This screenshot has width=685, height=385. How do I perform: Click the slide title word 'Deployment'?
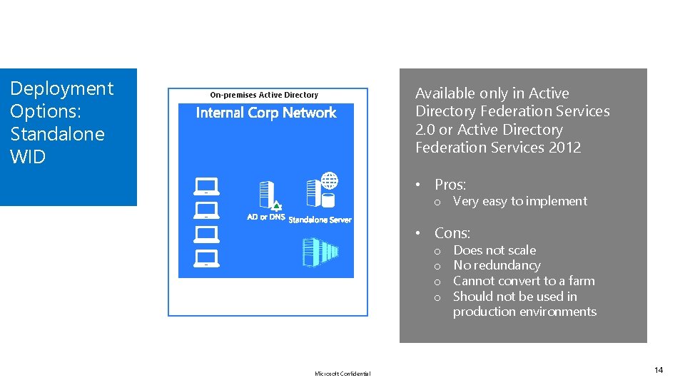(x=61, y=88)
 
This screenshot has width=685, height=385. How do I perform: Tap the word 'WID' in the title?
(x=28, y=157)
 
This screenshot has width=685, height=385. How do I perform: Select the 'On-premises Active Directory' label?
(x=264, y=95)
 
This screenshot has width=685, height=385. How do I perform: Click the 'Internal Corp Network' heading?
(x=265, y=113)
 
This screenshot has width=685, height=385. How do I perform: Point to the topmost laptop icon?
(x=206, y=187)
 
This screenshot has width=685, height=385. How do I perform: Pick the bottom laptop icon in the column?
(x=206, y=257)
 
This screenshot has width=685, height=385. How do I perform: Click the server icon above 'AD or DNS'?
(x=267, y=195)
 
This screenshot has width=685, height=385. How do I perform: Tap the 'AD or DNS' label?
(x=265, y=217)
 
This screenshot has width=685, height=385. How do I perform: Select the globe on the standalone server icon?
(x=329, y=180)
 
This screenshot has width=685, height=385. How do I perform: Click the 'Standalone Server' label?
(x=320, y=220)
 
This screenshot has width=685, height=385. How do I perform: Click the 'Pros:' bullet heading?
(x=450, y=185)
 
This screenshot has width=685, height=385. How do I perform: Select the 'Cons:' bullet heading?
(x=452, y=233)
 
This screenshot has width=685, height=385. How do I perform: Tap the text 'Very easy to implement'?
(x=520, y=202)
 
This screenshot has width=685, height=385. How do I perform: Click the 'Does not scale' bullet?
(x=494, y=250)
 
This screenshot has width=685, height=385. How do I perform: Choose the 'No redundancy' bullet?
(x=497, y=265)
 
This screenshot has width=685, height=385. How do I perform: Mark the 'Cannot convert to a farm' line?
(x=524, y=281)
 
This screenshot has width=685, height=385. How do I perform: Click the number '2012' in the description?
(x=564, y=148)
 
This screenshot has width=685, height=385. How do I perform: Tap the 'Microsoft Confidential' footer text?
(x=342, y=374)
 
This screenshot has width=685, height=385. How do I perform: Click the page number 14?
(x=659, y=370)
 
